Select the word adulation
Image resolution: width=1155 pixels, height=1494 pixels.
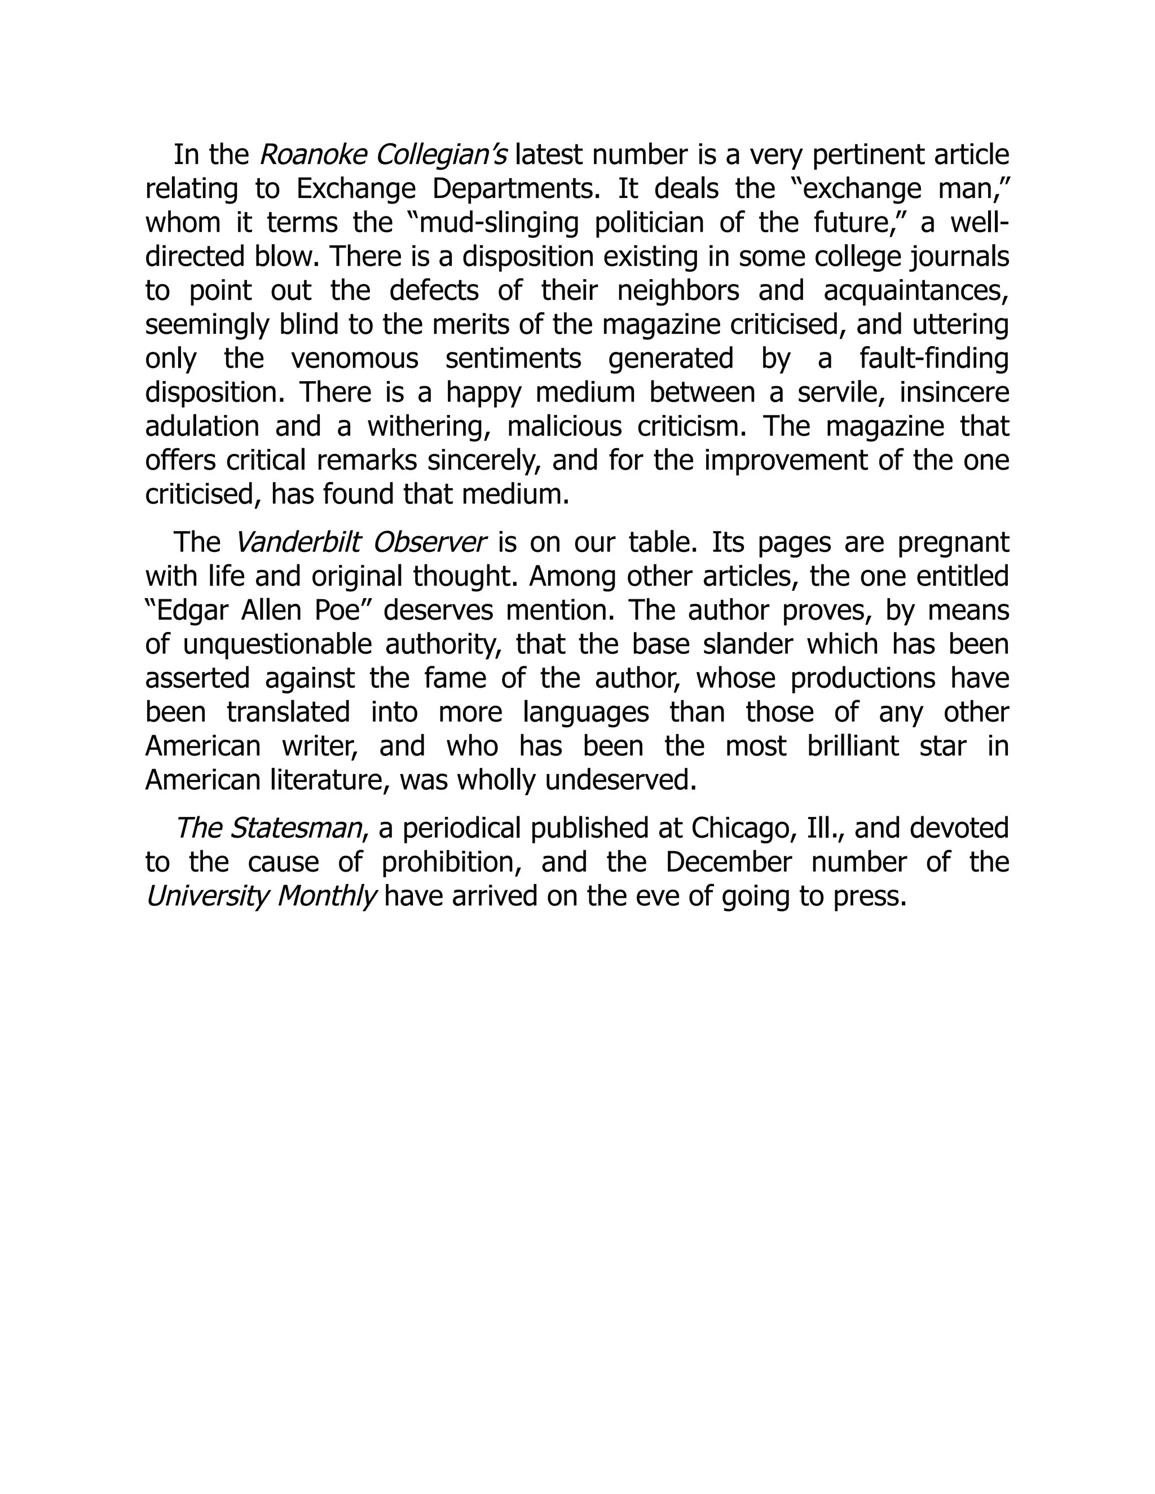pyautogui.click(x=202, y=426)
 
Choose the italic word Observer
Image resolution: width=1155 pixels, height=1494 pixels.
pyautogui.click(x=430, y=542)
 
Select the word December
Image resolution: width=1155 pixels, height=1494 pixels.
pyautogui.click(x=728, y=862)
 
